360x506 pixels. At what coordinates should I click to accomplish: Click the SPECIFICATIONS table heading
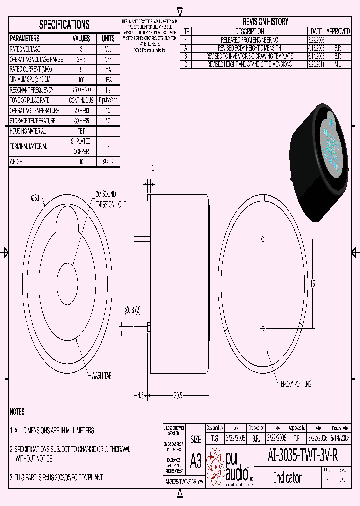point(64,24)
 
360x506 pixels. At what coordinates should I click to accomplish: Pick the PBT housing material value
point(81,131)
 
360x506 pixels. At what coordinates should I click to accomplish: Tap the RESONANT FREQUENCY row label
point(33,90)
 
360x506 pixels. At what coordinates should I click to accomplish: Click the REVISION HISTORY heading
point(265,22)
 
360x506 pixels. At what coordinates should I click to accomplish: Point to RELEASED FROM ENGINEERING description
point(249,39)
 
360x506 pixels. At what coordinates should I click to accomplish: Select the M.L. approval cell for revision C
point(338,65)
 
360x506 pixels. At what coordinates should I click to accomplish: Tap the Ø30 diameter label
point(35,198)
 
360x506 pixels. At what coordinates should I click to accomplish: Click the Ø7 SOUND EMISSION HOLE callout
point(111,198)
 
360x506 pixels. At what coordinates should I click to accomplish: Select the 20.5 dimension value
point(178,395)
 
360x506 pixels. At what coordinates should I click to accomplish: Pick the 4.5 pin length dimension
point(140,395)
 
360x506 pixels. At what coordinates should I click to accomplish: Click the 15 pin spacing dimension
point(313,284)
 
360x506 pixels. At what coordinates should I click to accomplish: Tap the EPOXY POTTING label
point(296,384)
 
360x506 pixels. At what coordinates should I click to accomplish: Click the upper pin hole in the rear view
point(263,239)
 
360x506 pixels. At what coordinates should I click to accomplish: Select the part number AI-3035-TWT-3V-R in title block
point(303,456)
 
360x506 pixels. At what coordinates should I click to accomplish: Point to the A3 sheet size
point(196,461)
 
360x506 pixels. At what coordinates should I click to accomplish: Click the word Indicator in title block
point(287,477)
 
